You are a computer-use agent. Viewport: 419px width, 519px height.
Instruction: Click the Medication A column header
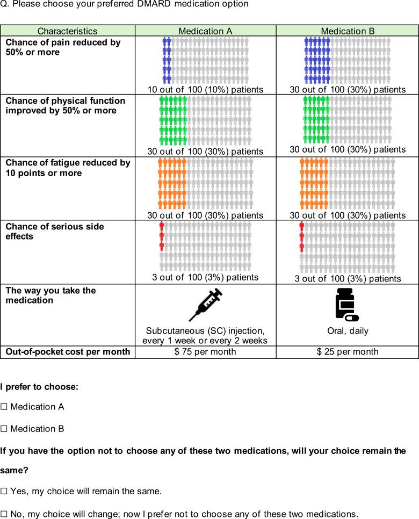205,31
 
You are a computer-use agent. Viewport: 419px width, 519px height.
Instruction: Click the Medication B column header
348,31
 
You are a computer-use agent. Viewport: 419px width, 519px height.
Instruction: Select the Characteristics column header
67,31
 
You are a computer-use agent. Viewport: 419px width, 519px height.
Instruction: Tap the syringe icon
206,305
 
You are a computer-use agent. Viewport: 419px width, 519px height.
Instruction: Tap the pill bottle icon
346,305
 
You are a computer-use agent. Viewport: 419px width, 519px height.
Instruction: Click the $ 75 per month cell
205,352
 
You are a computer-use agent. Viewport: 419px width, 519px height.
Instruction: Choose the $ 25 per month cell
348,352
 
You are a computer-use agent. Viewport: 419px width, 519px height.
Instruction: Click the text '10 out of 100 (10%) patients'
205,89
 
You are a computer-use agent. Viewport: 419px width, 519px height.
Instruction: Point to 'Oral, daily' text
348,331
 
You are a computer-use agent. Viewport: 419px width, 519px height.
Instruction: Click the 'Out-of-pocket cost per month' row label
68,352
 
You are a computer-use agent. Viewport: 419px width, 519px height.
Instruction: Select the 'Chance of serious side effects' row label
54,232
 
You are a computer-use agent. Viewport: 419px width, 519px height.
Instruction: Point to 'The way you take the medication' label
50,295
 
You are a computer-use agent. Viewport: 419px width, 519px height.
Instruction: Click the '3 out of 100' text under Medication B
348,279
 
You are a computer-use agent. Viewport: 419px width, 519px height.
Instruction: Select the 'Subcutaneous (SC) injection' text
205,330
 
